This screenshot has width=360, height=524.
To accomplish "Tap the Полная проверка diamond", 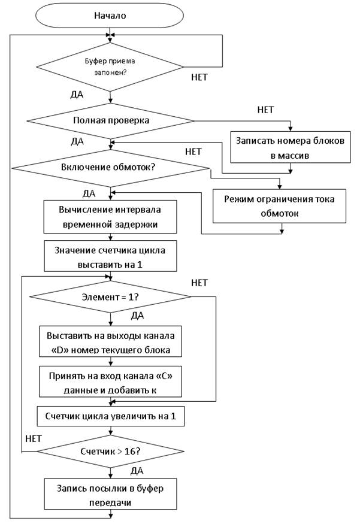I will pos(110,120).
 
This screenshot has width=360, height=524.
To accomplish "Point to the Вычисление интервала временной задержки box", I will pos(110,217).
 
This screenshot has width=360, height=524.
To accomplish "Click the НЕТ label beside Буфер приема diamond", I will pos(199,77).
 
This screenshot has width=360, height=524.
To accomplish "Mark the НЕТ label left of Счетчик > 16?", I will pos(34,438).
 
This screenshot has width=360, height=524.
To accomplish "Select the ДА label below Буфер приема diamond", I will pos(77,95).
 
